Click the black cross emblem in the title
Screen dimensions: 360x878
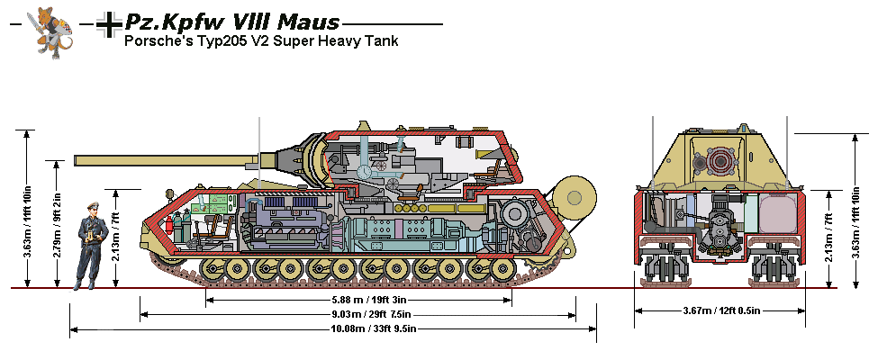[x=109, y=25]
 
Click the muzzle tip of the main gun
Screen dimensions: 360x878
[x=77, y=161]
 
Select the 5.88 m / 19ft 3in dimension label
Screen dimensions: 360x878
[x=358, y=300]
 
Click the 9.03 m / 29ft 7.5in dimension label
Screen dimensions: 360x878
[x=358, y=314]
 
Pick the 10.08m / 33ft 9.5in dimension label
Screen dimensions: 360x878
[x=358, y=329]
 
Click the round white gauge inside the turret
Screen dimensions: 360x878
[x=365, y=171]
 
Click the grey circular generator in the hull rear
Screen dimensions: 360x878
[x=520, y=220]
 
